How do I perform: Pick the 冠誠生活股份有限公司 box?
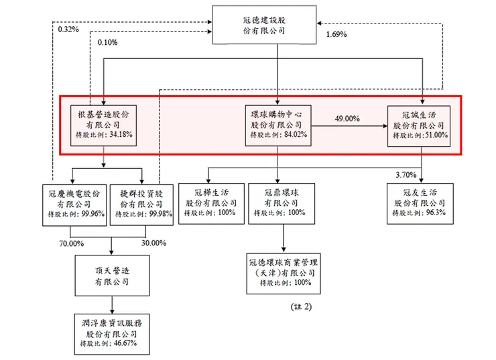coord(422,125)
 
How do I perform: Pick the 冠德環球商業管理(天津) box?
coord(282,274)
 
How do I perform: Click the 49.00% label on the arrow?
coord(347,119)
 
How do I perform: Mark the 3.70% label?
coord(405,175)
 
